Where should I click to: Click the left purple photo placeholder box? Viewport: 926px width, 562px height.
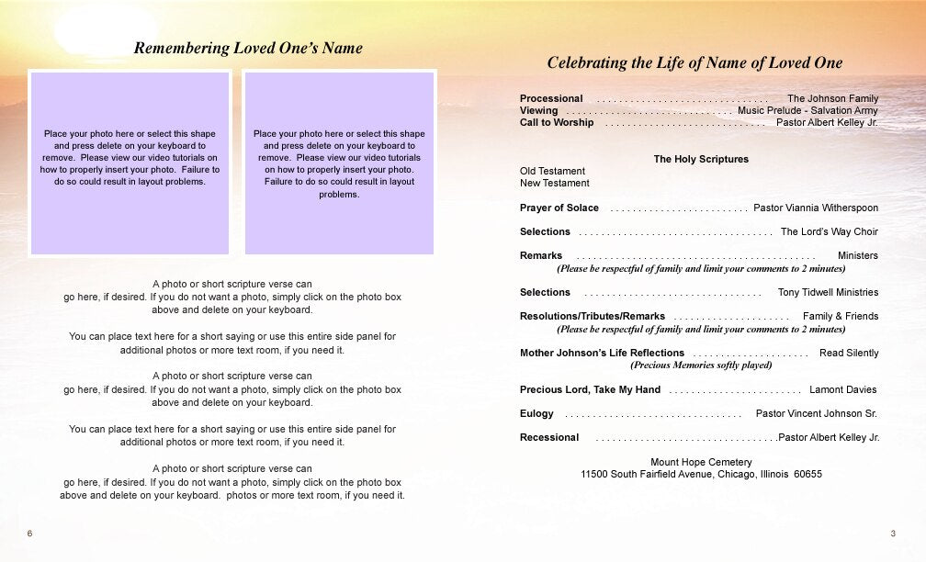click(x=130, y=163)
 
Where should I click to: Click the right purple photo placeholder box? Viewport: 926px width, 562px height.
click(x=339, y=163)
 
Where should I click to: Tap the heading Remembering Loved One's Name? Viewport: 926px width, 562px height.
click(x=248, y=49)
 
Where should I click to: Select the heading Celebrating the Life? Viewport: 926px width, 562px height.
click(x=694, y=63)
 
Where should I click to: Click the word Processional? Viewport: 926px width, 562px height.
click(x=551, y=98)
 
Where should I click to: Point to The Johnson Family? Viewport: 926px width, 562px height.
click(x=832, y=98)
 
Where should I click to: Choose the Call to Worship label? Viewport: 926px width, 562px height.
click(x=557, y=122)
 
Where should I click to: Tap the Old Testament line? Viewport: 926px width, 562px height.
click(x=552, y=171)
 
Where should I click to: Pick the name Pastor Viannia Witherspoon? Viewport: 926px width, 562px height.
click(x=816, y=208)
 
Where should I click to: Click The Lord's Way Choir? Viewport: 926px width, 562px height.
click(x=830, y=231)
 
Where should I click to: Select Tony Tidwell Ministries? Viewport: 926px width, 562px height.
click(x=828, y=292)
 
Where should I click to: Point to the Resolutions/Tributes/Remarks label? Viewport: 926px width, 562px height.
click(x=592, y=316)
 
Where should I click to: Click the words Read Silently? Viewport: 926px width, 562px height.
click(x=849, y=353)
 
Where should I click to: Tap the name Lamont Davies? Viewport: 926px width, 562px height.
click(x=842, y=389)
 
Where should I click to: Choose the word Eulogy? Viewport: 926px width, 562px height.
click(x=536, y=413)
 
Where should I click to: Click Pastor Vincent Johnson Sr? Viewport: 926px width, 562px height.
click(x=816, y=413)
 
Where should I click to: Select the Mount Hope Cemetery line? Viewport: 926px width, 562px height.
click(x=701, y=462)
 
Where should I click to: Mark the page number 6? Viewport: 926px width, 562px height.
click(x=30, y=534)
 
